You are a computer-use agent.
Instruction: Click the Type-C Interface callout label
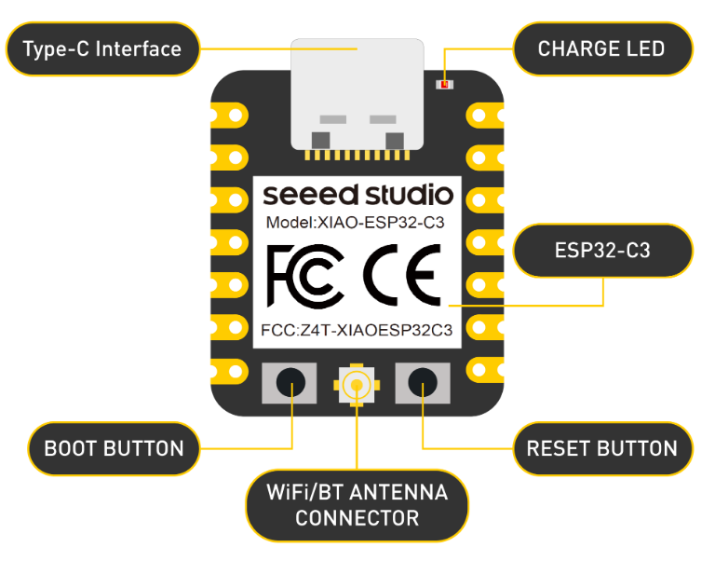(x=102, y=48)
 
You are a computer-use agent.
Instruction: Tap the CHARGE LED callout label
(x=602, y=48)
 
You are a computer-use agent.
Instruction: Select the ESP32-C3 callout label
(x=602, y=251)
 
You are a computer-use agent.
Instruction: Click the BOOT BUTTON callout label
(x=114, y=448)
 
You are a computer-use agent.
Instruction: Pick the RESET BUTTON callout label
(x=602, y=448)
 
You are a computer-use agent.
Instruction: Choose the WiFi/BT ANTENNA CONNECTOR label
(x=357, y=504)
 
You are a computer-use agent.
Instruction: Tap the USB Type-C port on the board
(x=357, y=93)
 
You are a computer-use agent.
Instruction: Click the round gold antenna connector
(x=357, y=383)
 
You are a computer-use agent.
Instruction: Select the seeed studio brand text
(x=357, y=196)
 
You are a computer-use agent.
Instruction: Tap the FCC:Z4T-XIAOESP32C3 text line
(x=357, y=330)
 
